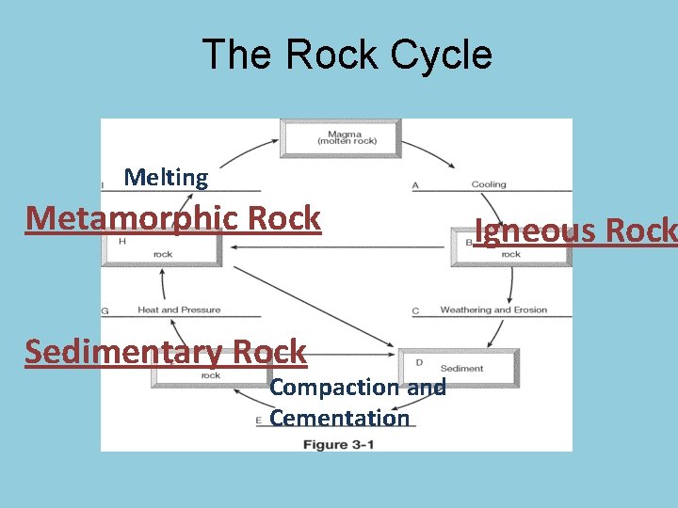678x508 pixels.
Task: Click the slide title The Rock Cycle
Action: click(x=347, y=55)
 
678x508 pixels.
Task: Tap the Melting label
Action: click(x=166, y=177)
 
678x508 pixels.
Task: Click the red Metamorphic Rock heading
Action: click(x=173, y=218)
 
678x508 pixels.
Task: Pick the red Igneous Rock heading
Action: click(x=575, y=230)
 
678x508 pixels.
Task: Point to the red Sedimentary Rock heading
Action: click(x=166, y=352)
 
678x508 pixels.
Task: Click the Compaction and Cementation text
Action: click(x=357, y=403)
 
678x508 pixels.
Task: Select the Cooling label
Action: click(x=489, y=185)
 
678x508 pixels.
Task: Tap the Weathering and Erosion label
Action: click(x=493, y=310)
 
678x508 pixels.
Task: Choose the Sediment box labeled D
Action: click(x=460, y=367)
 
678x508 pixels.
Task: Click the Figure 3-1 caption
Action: click(x=338, y=444)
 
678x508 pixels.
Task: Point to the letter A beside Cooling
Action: click(x=415, y=185)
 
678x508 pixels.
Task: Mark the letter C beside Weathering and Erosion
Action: click(x=415, y=310)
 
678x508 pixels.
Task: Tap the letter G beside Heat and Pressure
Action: click(x=105, y=310)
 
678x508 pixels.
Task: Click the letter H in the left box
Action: click(x=122, y=242)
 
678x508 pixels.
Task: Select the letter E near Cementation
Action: click(x=258, y=420)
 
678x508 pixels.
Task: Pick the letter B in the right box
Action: click(x=469, y=243)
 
